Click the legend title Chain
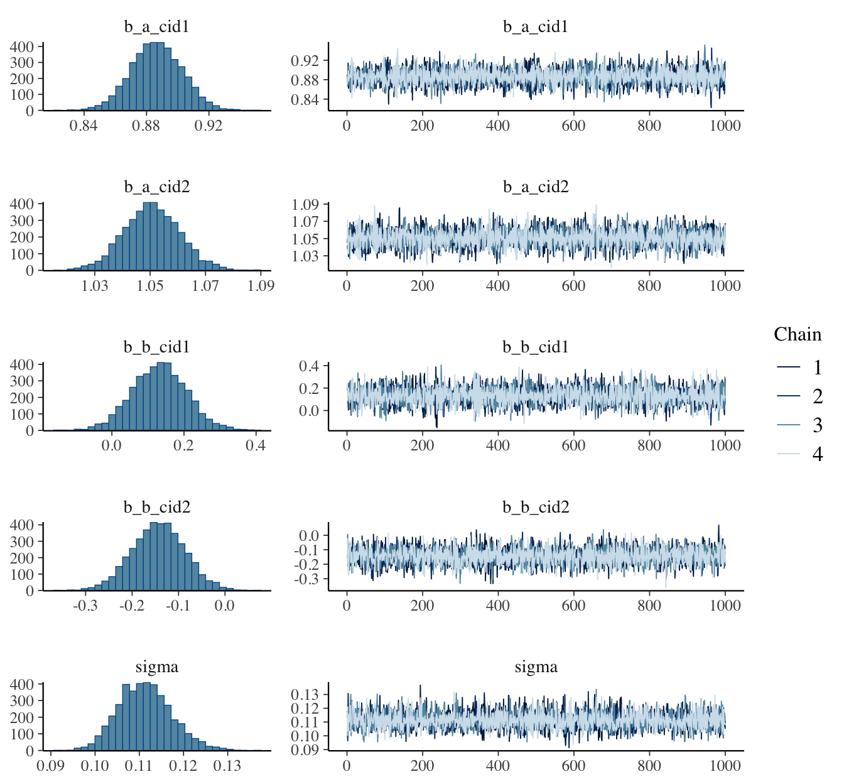(x=798, y=334)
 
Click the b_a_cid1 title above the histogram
(x=156, y=27)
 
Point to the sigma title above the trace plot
(x=536, y=667)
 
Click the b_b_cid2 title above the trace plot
(x=536, y=507)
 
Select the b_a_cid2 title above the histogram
(x=156, y=187)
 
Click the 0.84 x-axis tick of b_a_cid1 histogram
(x=84, y=126)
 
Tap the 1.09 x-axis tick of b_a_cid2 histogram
(x=261, y=286)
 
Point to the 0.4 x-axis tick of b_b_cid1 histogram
(x=256, y=446)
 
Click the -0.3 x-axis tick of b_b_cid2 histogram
(x=85, y=606)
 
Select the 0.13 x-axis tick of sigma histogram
(x=227, y=766)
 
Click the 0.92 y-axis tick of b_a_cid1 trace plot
(x=306, y=60)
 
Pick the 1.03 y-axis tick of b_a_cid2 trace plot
(x=306, y=256)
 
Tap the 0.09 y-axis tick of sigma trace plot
(x=306, y=749)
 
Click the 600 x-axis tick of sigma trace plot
(x=573, y=766)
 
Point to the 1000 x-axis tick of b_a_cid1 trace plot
(x=725, y=126)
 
